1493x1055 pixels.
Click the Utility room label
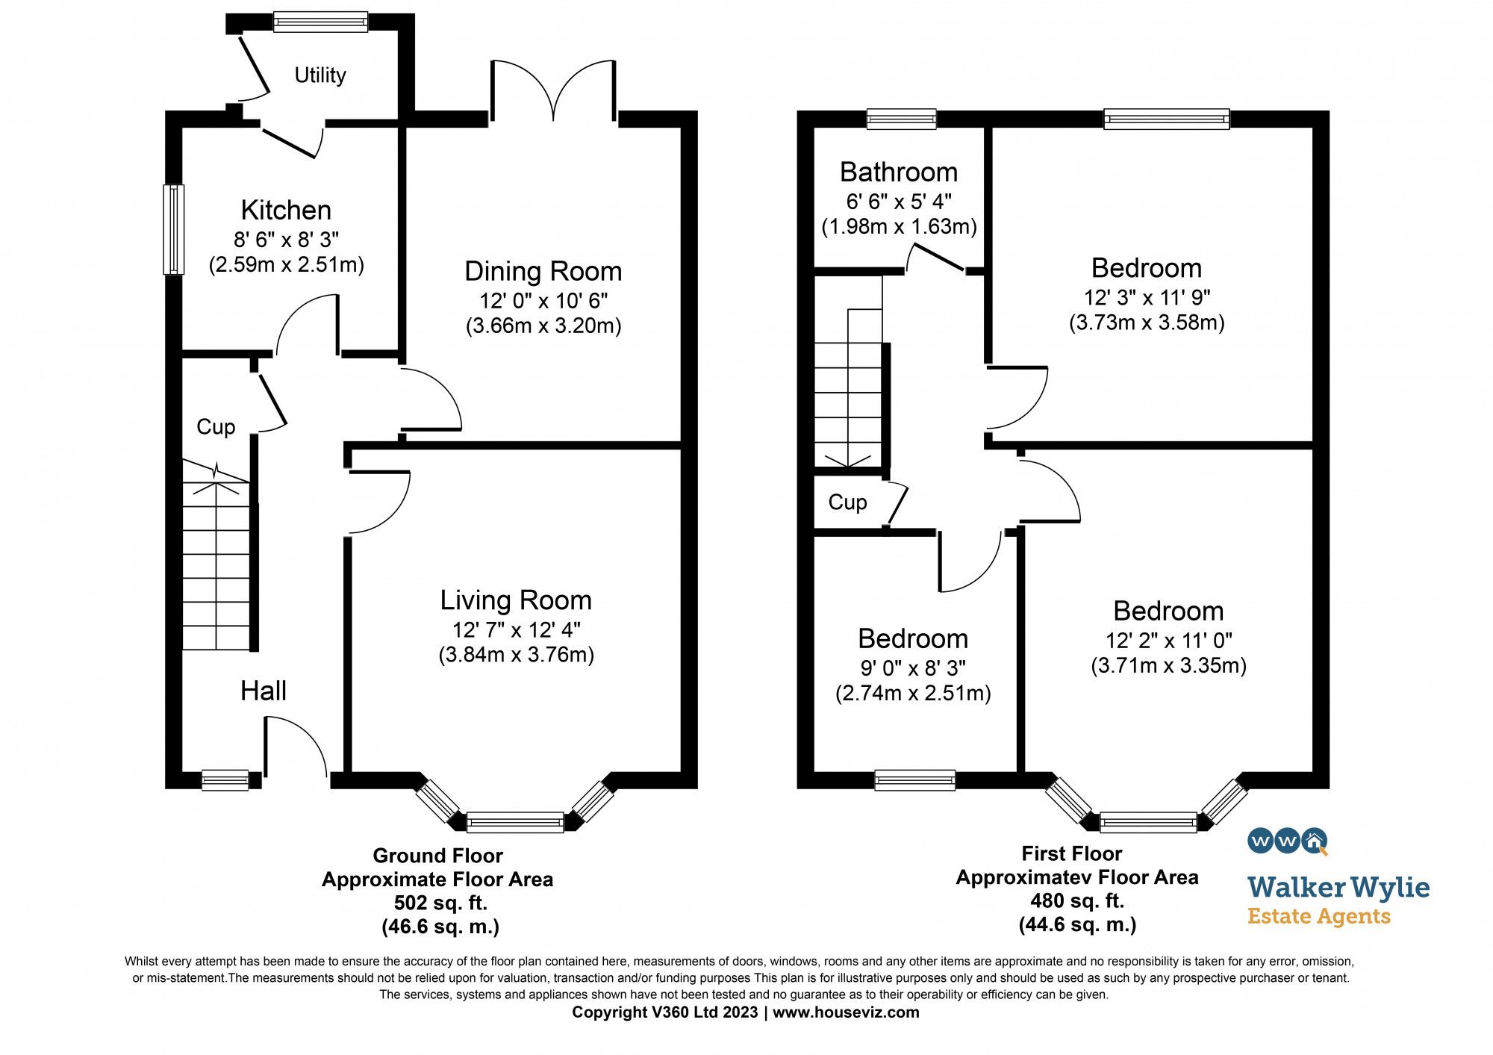click(x=320, y=75)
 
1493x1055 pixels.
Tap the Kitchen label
click(x=286, y=210)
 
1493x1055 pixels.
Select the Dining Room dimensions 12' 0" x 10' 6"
click(x=543, y=301)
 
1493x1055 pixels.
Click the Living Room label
click(x=516, y=600)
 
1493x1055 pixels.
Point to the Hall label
click(x=264, y=691)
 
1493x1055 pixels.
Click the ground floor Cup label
click(x=216, y=426)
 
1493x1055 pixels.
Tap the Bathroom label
click(x=899, y=172)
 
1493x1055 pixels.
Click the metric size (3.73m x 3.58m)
click(x=1147, y=323)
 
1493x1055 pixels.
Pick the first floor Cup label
click(x=847, y=502)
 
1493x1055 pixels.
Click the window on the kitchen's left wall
click(x=173, y=229)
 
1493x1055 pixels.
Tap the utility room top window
click(x=320, y=22)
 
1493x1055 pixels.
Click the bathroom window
click(x=901, y=119)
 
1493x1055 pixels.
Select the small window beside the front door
click(x=225, y=780)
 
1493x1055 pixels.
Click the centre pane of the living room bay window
click(x=515, y=822)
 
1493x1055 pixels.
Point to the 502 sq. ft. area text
click(x=440, y=903)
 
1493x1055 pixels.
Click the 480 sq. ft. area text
click(x=1077, y=900)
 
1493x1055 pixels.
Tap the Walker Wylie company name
click(x=1338, y=887)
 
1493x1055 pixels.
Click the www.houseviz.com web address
click(x=846, y=1012)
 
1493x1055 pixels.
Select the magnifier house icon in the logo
click(x=1315, y=841)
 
